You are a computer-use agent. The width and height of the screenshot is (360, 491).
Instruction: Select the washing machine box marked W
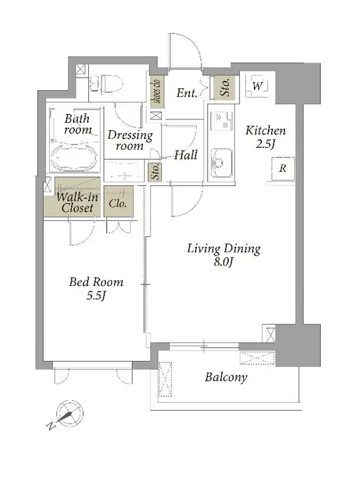[x=257, y=86]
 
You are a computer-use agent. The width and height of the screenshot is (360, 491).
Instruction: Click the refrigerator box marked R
[x=282, y=169]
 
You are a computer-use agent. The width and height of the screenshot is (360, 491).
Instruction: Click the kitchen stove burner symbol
[x=221, y=121]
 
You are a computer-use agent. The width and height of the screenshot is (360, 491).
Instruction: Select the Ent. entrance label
[x=187, y=93]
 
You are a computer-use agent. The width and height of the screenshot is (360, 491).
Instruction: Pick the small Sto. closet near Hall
[x=155, y=171]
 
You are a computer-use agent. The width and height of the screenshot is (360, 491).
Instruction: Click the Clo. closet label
[x=118, y=204]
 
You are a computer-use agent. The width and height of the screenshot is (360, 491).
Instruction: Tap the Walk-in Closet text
[x=78, y=202]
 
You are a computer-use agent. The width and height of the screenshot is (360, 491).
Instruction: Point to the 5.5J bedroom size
[x=96, y=296]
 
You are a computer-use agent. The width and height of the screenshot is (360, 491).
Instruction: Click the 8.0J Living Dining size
[x=223, y=262]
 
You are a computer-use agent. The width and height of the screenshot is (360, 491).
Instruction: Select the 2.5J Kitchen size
[x=266, y=144]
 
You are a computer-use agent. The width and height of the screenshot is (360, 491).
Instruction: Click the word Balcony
[x=226, y=377]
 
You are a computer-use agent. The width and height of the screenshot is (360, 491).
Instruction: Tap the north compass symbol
[x=70, y=413]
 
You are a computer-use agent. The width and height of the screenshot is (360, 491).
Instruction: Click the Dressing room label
[x=130, y=140]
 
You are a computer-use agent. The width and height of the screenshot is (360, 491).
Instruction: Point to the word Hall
[x=186, y=155]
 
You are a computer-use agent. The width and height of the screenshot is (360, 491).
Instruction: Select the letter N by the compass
[x=50, y=426]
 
